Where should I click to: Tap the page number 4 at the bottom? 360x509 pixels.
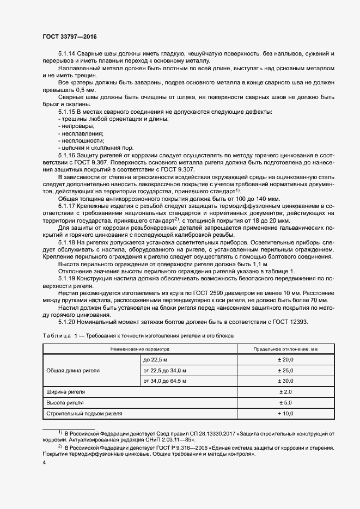click(44, 462)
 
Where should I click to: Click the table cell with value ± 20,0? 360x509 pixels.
click(286, 360)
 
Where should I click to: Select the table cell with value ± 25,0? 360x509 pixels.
click(286, 370)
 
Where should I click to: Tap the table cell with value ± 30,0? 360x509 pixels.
click(286, 381)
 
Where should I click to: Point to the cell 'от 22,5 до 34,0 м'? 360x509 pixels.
click(164, 370)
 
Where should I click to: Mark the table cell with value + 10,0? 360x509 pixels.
click(286, 414)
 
